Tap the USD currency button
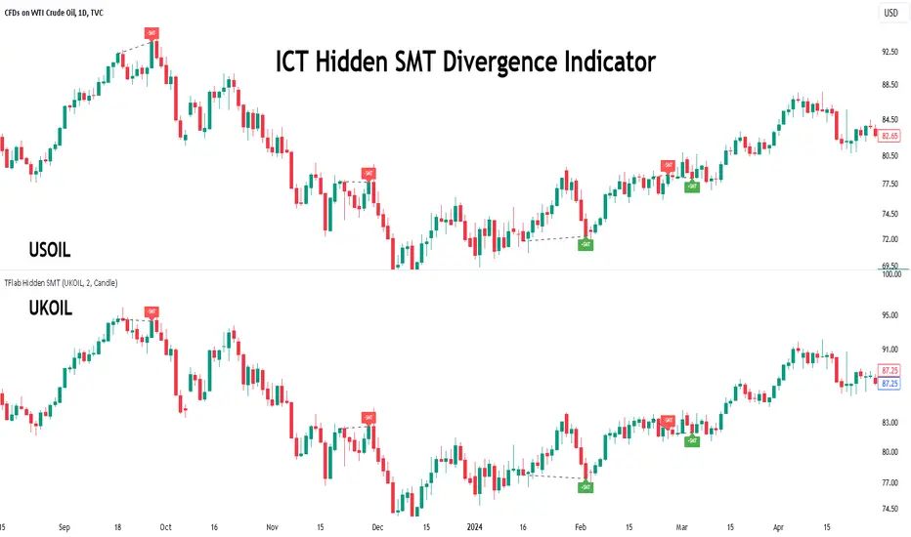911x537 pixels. coord(890,13)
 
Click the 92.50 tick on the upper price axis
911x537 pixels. coord(890,52)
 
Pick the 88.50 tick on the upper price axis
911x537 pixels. coord(890,85)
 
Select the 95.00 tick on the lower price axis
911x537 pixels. coord(890,316)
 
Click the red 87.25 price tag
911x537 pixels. coord(890,371)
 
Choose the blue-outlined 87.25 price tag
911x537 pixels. coord(890,384)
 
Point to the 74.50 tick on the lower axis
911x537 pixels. coord(890,509)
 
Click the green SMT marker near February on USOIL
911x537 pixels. coord(586,245)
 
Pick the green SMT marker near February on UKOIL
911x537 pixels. coord(586,485)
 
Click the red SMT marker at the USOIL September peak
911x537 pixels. coord(152,33)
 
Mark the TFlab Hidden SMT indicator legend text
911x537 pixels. coord(61,283)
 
